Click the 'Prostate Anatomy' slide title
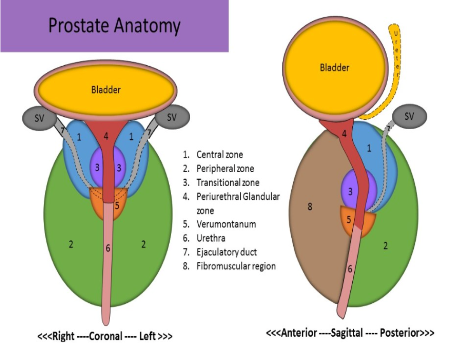114,26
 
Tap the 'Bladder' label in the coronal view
106,89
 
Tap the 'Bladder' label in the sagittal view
334,68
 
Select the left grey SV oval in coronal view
40,118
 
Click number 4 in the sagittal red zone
344,134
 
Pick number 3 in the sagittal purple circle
350,192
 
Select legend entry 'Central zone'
219,154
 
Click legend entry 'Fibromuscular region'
236,266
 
